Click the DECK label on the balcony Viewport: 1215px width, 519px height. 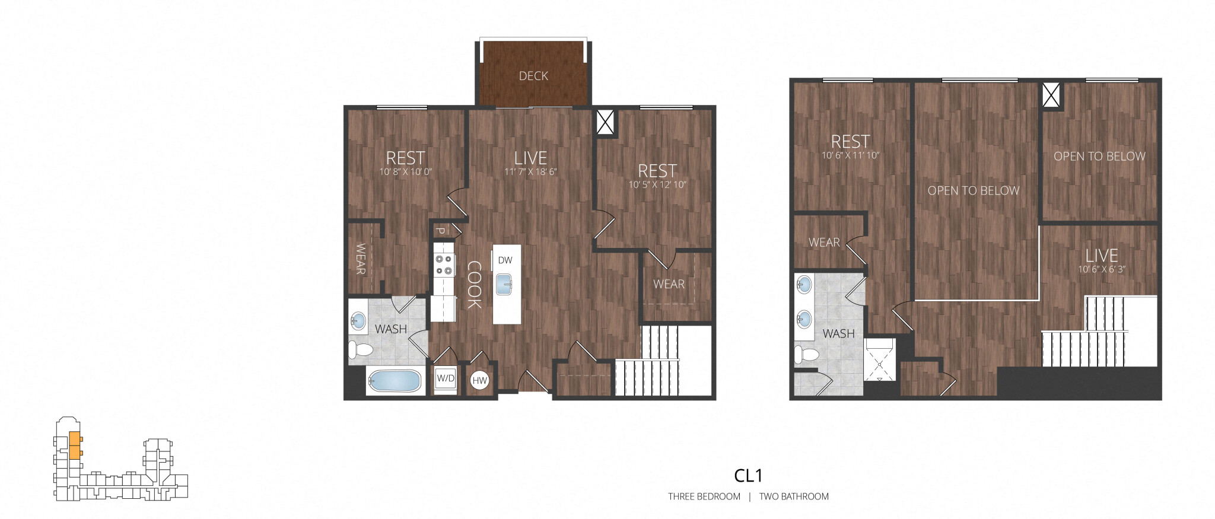(x=533, y=76)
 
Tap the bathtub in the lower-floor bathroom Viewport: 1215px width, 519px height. (x=394, y=381)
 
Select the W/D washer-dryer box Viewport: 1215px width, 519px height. (x=446, y=378)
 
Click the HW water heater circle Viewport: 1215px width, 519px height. (x=480, y=381)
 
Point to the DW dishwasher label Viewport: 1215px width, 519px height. (x=505, y=260)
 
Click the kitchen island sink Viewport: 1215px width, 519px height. (x=505, y=284)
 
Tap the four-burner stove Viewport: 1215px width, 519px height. (x=444, y=265)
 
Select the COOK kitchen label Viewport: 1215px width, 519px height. (x=474, y=285)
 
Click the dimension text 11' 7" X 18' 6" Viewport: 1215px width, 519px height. (x=530, y=172)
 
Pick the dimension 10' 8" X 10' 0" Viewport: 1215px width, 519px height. (x=406, y=172)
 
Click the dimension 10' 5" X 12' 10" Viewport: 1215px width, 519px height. (x=657, y=185)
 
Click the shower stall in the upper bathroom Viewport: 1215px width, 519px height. (x=879, y=359)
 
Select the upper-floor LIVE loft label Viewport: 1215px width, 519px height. (x=1102, y=256)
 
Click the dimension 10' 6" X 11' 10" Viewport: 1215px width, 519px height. (x=850, y=155)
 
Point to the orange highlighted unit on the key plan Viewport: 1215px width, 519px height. (x=75, y=445)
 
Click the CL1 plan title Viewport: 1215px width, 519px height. (x=748, y=476)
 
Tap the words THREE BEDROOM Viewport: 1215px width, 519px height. (x=704, y=496)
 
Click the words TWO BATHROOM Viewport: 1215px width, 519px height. (x=794, y=496)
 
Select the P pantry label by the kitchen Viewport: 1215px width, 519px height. (x=440, y=231)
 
